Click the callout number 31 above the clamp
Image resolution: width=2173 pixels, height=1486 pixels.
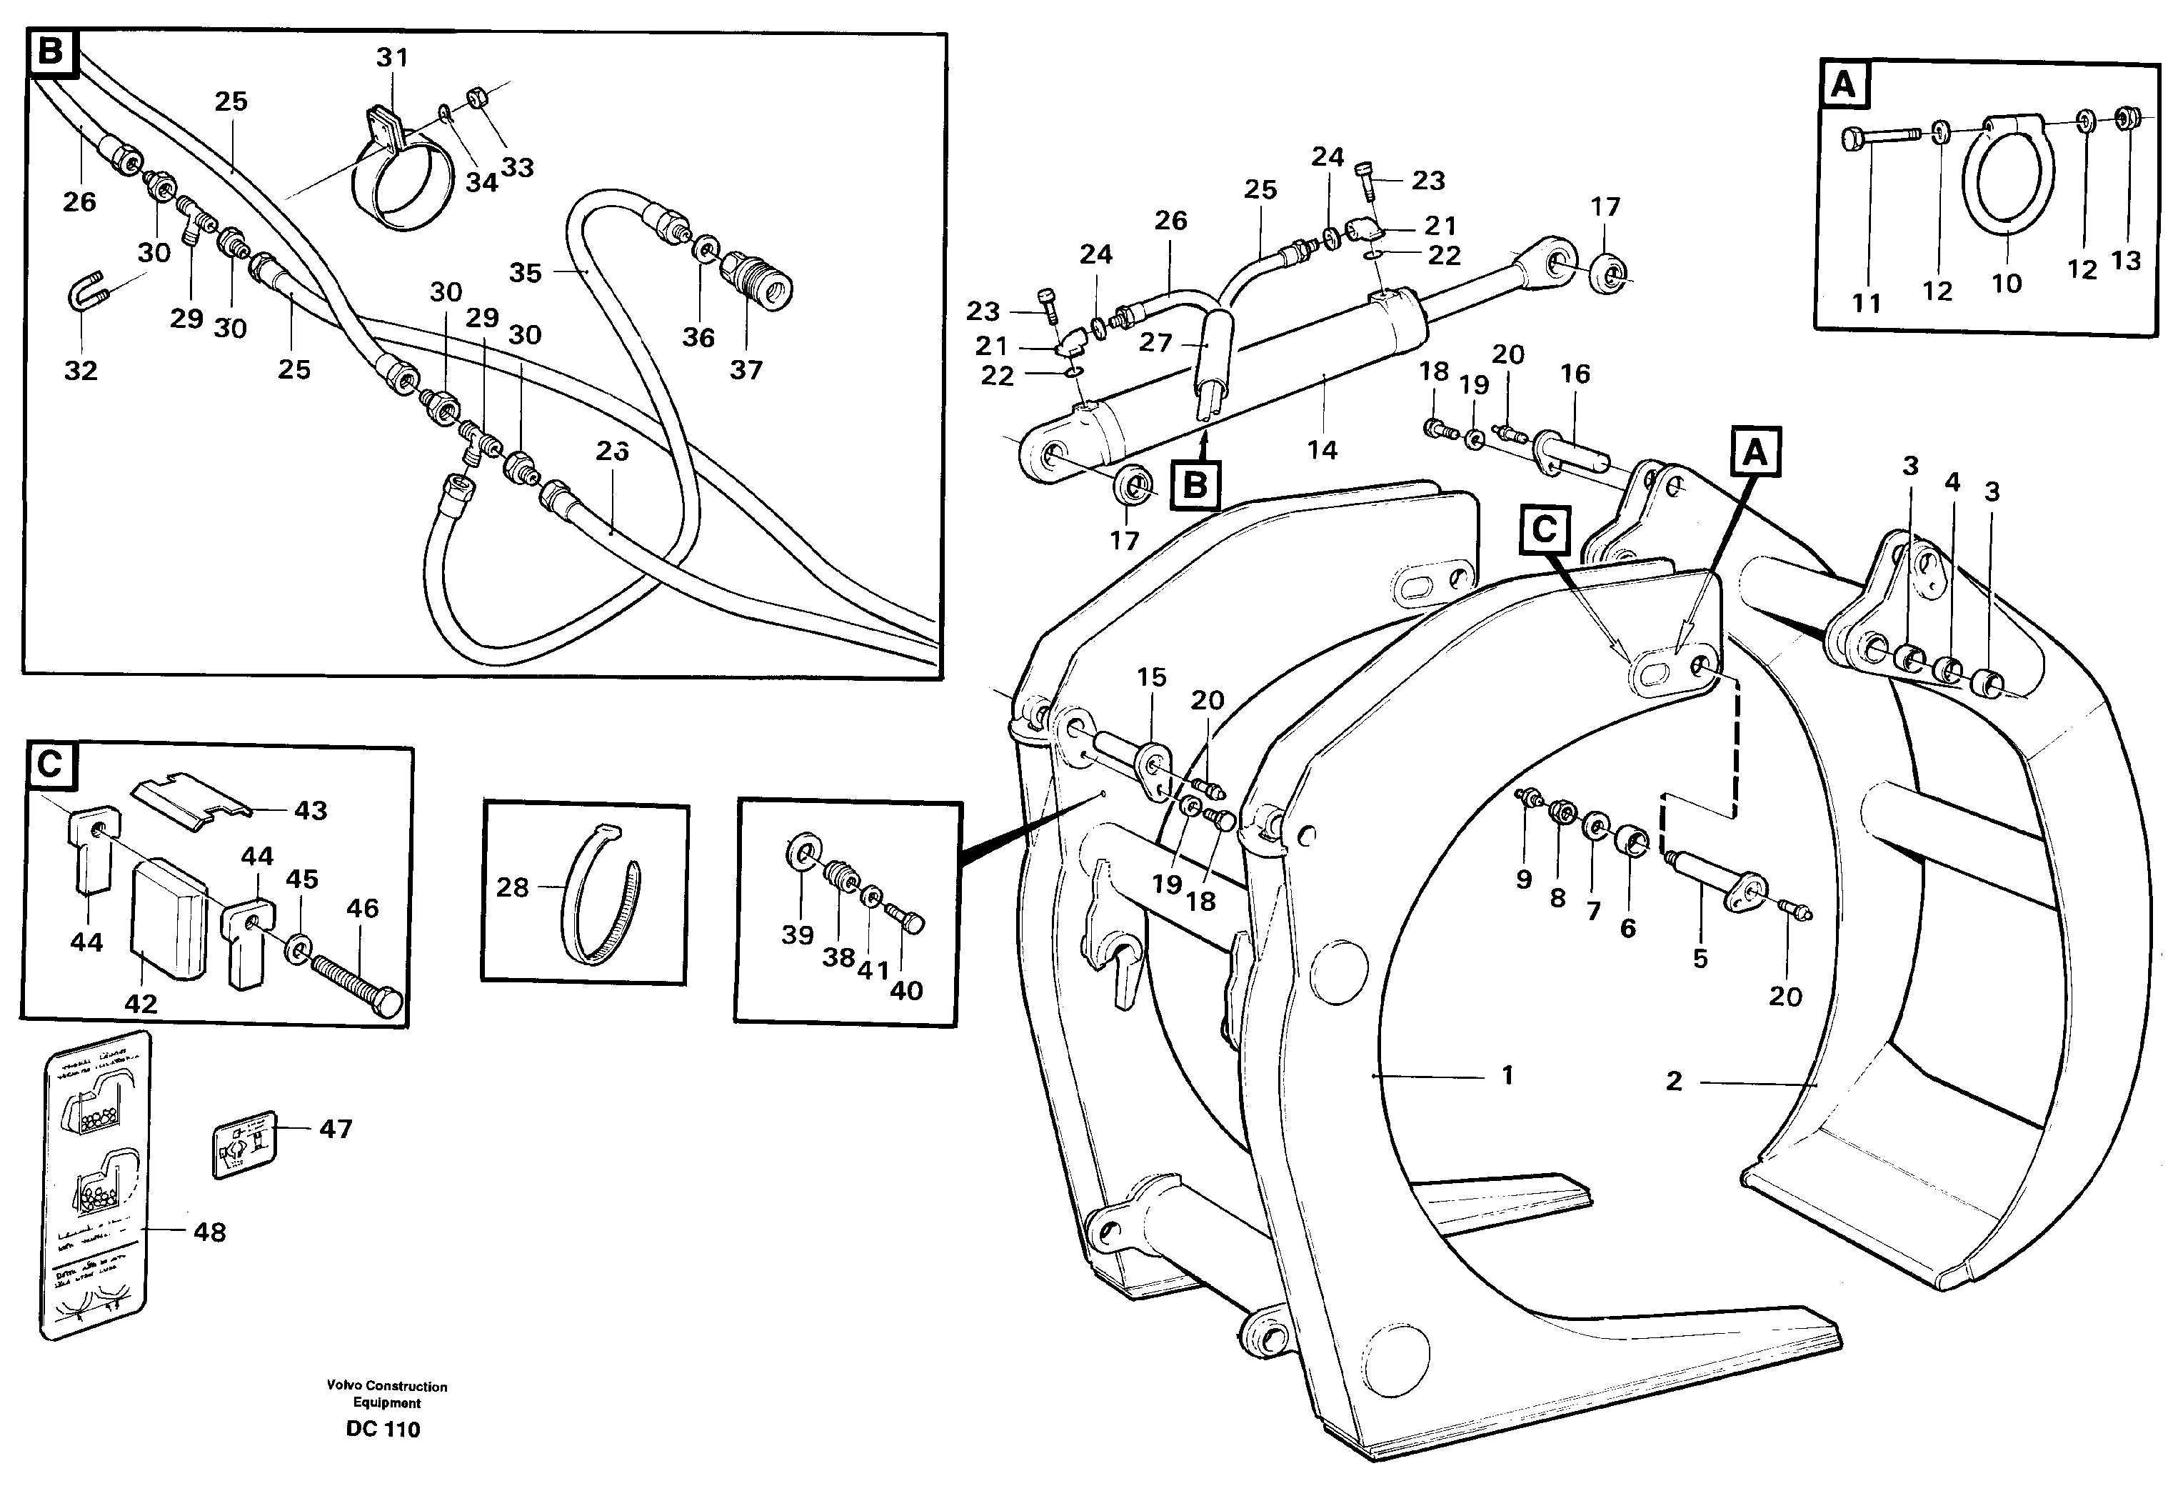[x=392, y=58]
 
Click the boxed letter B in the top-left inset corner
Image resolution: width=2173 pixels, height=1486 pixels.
[x=51, y=51]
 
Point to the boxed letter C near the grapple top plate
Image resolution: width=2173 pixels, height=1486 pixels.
[x=1544, y=530]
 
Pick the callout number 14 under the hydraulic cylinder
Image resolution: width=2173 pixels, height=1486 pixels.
[x=1322, y=450]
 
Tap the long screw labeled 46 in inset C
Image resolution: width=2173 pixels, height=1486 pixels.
[x=356, y=978]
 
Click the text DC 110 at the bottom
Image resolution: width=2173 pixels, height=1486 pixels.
[x=383, y=1429]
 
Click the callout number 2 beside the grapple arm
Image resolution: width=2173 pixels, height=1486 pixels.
[x=1674, y=1081]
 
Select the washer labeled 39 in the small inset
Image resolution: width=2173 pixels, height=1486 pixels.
[x=801, y=854]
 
